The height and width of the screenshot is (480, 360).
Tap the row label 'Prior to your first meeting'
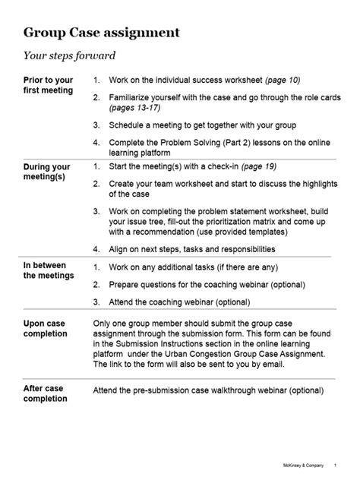(x=49, y=84)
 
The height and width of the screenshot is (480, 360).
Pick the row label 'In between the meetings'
(x=49, y=270)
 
